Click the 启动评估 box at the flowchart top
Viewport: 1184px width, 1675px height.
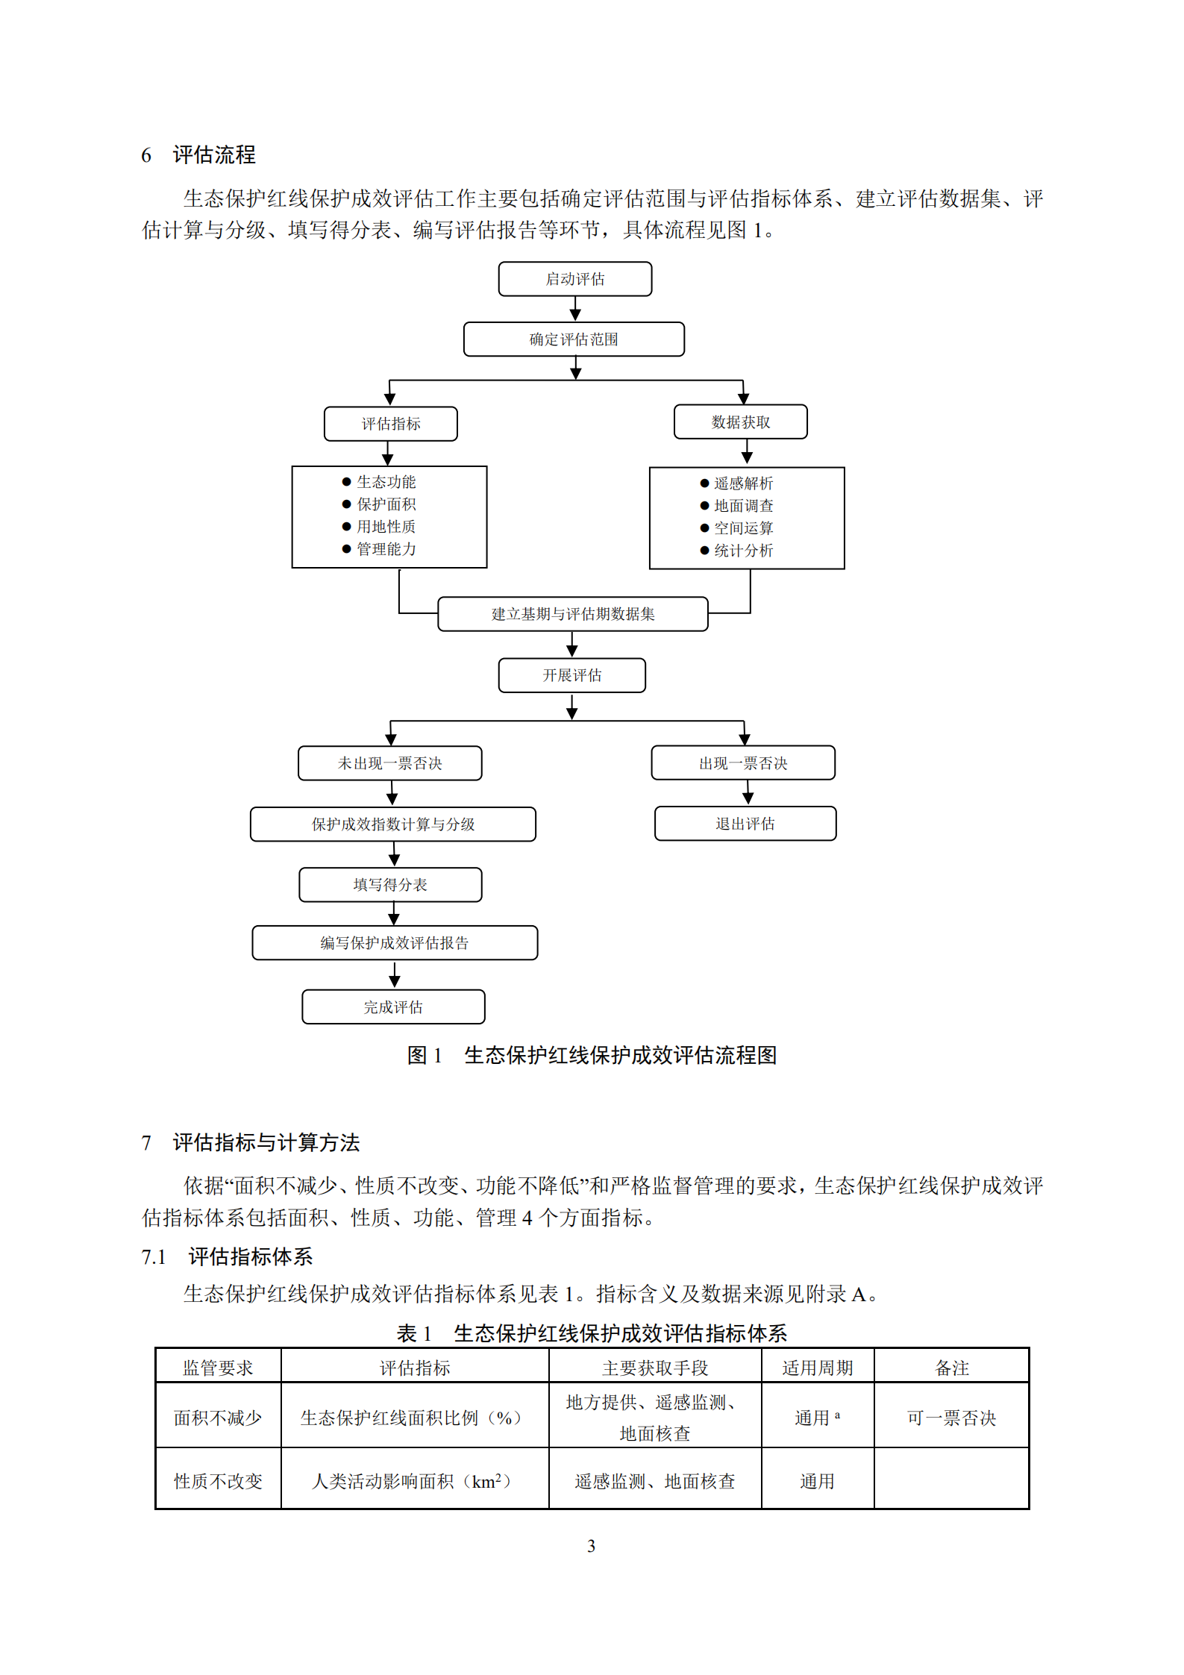point(574,279)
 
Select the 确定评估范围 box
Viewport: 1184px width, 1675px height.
point(574,339)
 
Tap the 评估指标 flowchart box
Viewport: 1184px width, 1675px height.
point(391,424)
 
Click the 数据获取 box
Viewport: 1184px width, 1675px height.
point(740,422)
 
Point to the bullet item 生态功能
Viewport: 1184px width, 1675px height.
point(386,482)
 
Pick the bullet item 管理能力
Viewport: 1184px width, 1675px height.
point(386,549)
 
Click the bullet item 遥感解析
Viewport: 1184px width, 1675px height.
point(743,483)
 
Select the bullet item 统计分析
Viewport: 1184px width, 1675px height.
point(743,551)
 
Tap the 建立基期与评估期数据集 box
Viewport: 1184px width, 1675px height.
point(573,614)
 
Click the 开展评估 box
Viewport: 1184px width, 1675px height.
point(572,675)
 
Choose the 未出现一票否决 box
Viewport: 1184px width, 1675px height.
point(390,763)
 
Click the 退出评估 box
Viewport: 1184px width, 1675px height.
point(745,824)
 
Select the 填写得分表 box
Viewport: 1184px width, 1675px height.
point(390,885)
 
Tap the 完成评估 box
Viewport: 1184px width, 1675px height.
point(393,1007)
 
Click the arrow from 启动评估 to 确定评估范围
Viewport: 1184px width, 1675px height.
point(575,309)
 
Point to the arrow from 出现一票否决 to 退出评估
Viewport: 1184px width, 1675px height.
point(748,792)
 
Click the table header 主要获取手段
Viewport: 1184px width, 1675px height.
point(655,1368)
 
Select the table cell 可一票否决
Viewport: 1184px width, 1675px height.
point(951,1418)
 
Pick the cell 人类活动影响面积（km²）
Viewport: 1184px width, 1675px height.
point(414,1481)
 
